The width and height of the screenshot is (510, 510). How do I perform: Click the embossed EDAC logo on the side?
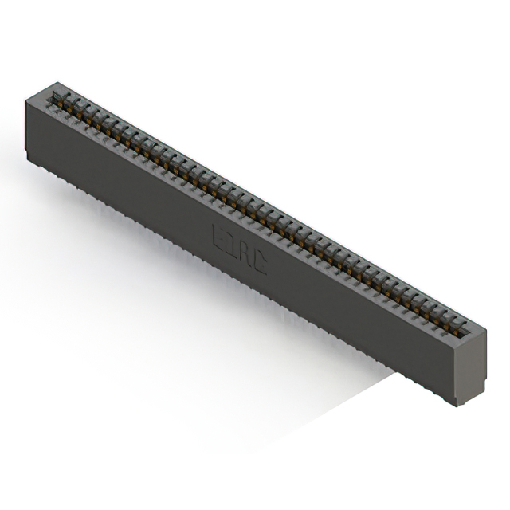point(239,249)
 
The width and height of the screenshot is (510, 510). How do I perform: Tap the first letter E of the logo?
point(218,237)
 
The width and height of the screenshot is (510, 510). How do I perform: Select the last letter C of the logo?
point(259,261)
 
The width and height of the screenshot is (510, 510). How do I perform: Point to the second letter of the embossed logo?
point(231,245)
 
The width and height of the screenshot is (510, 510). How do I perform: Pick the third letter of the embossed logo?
point(245,253)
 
